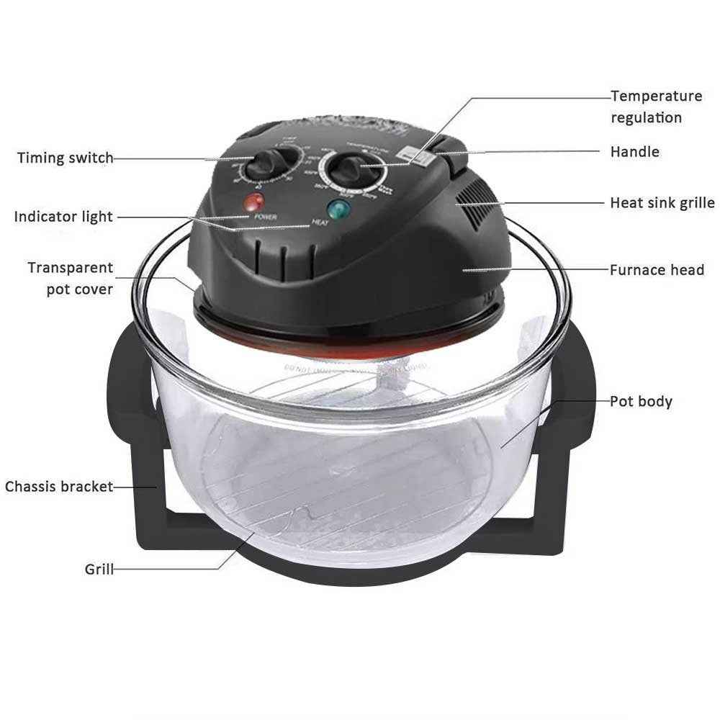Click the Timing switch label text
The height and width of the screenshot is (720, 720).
pyautogui.click(x=65, y=158)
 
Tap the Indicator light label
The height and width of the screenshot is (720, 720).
pyautogui.click(x=63, y=216)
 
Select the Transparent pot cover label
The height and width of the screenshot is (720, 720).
pyautogui.click(x=71, y=279)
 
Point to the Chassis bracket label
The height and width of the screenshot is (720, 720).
pyautogui.click(x=59, y=487)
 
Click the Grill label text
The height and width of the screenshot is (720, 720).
pyautogui.click(x=99, y=570)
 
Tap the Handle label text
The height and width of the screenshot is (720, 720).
pyautogui.click(x=634, y=152)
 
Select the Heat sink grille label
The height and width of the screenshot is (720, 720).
pyautogui.click(x=662, y=203)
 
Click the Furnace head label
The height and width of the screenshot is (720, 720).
pyautogui.click(x=657, y=271)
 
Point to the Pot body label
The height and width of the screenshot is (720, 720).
pyautogui.click(x=641, y=401)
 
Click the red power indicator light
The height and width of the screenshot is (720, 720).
pyautogui.click(x=253, y=200)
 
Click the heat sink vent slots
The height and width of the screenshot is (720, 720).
pyautogui.click(x=473, y=199)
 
